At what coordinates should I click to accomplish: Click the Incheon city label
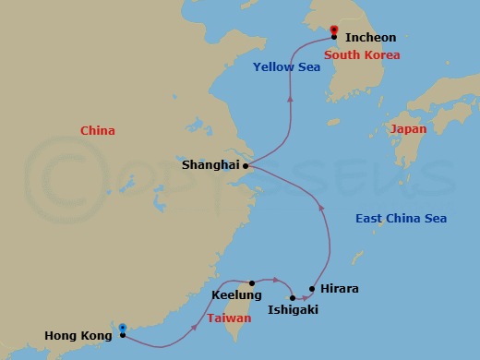click(x=370, y=38)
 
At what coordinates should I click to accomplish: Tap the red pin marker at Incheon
click(x=332, y=29)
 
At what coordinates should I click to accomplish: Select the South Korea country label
click(x=363, y=55)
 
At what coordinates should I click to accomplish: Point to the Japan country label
click(x=408, y=129)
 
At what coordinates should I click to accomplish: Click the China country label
click(x=98, y=131)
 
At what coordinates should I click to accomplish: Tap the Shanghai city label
click(x=210, y=166)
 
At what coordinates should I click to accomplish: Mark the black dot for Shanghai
click(x=246, y=166)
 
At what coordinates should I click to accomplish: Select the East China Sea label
click(x=401, y=219)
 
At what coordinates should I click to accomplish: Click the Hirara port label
click(x=339, y=289)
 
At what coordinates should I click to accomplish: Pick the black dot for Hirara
click(x=313, y=289)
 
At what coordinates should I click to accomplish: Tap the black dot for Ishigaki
click(x=293, y=298)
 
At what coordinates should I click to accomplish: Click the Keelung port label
click(x=231, y=295)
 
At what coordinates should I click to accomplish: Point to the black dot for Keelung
click(x=251, y=283)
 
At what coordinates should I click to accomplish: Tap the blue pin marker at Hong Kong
click(x=123, y=328)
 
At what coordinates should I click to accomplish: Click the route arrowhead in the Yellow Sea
click(x=291, y=97)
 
